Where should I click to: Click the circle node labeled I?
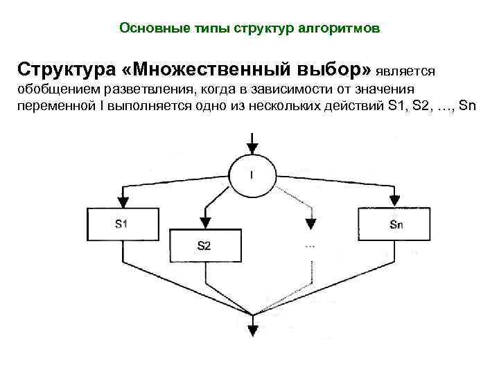(x=251, y=174)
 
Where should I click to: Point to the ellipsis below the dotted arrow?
(x=310, y=246)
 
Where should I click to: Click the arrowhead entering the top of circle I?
(x=252, y=148)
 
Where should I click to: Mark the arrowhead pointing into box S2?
(x=204, y=222)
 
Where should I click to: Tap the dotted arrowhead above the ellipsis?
(x=310, y=222)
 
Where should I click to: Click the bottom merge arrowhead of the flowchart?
(x=252, y=323)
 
